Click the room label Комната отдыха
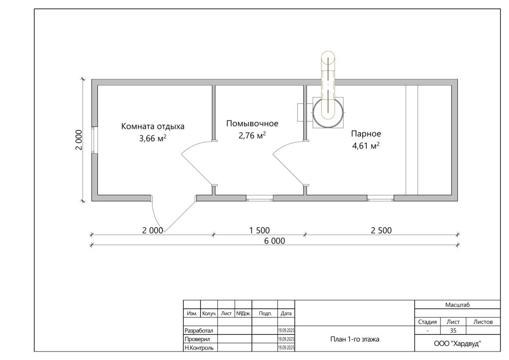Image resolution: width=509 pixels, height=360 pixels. [153, 126]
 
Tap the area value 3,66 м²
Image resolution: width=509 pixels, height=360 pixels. [153, 138]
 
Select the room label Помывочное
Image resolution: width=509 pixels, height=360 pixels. [252, 123]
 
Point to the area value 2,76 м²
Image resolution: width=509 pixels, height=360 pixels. [252, 135]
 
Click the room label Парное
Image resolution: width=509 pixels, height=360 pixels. [366, 133]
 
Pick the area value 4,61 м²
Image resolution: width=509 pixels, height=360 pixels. [366, 145]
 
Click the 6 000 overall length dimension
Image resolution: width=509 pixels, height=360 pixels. [274, 241]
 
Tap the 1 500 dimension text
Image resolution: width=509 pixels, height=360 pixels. [259, 231]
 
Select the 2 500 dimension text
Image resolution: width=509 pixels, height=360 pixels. [381, 231]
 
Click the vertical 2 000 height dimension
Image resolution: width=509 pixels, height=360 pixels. [79, 140]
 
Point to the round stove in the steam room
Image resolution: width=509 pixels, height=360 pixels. [328, 113]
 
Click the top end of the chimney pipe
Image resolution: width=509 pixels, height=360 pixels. [328, 52]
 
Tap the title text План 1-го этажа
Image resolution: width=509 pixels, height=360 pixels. [354, 339]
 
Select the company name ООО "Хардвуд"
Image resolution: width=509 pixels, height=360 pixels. [457, 344]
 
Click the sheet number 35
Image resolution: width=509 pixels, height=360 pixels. [453, 331]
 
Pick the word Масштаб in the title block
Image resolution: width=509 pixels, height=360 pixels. [457, 305]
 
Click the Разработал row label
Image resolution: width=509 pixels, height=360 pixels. [199, 331]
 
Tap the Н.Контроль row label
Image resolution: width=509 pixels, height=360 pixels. [199, 348]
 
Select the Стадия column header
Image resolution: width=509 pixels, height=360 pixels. [427, 322]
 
